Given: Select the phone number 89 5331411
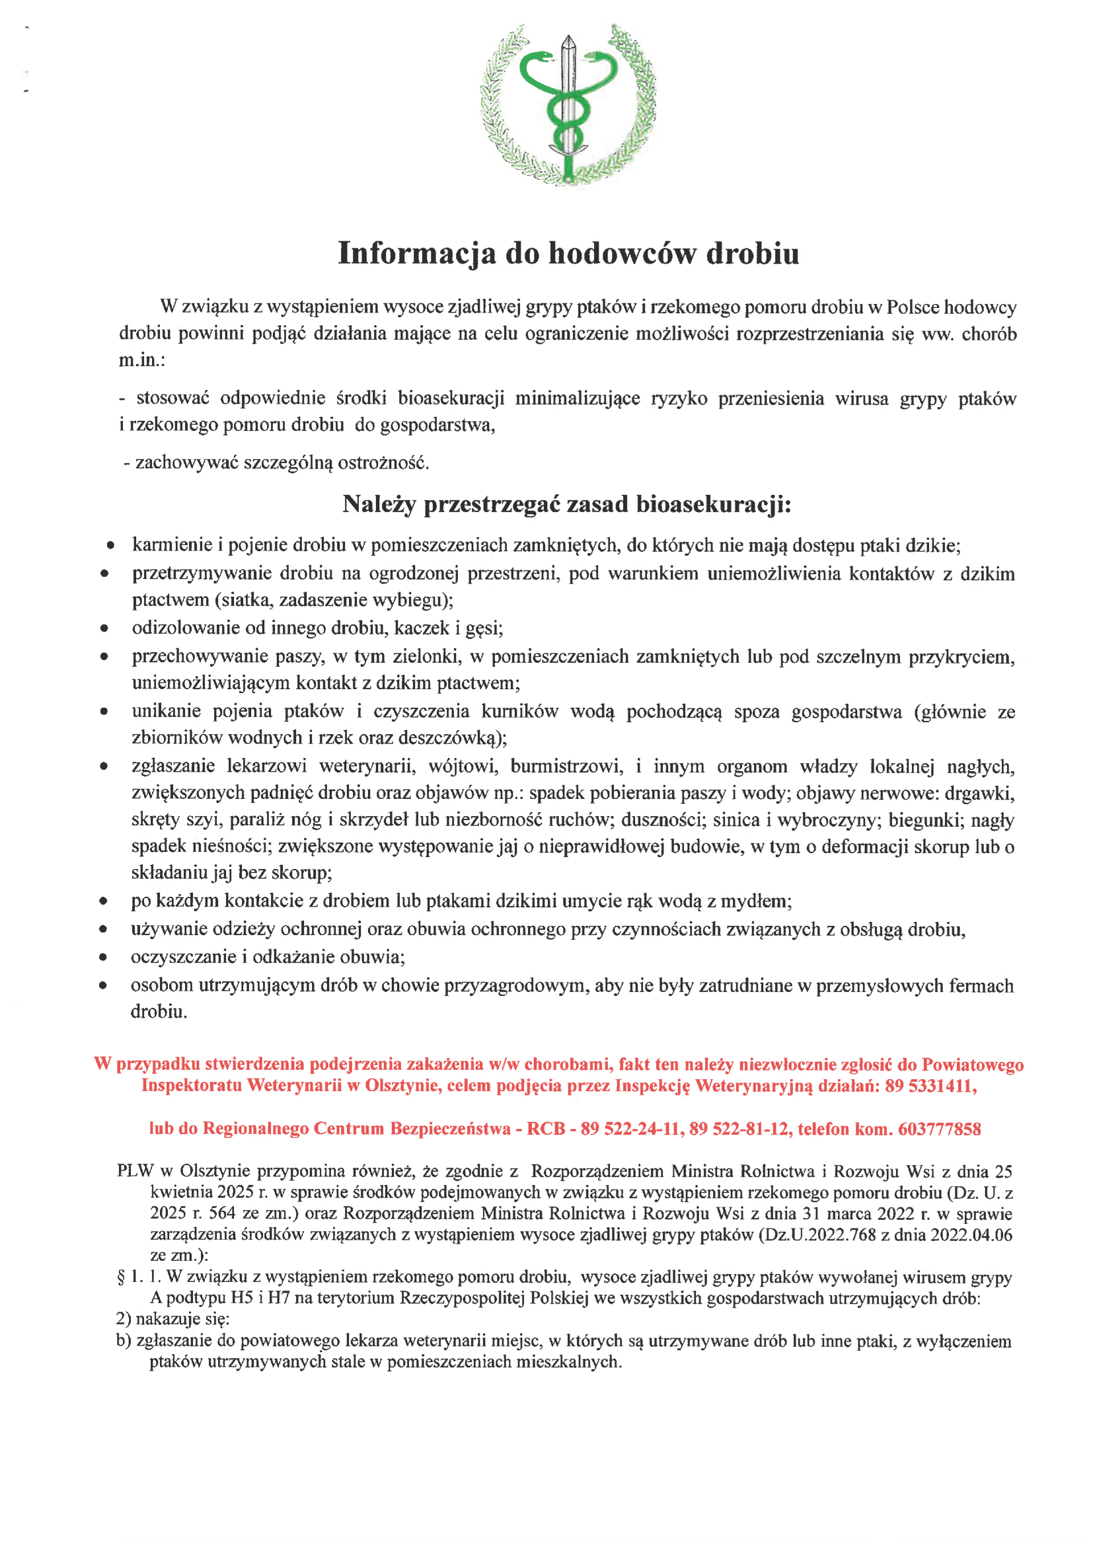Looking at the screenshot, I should (x=930, y=1086).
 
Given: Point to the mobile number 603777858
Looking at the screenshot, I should (x=940, y=1129).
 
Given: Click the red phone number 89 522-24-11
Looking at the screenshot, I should (x=632, y=1129).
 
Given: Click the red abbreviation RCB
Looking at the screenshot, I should (x=545, y=1129).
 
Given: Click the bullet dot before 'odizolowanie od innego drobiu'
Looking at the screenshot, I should (x=104, y=628).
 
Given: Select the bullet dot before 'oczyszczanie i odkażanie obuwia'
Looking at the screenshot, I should (x=103, y=957).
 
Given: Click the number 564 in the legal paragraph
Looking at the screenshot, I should (x=222, y=1213).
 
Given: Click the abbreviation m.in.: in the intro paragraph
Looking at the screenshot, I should (x=142, y=360).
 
